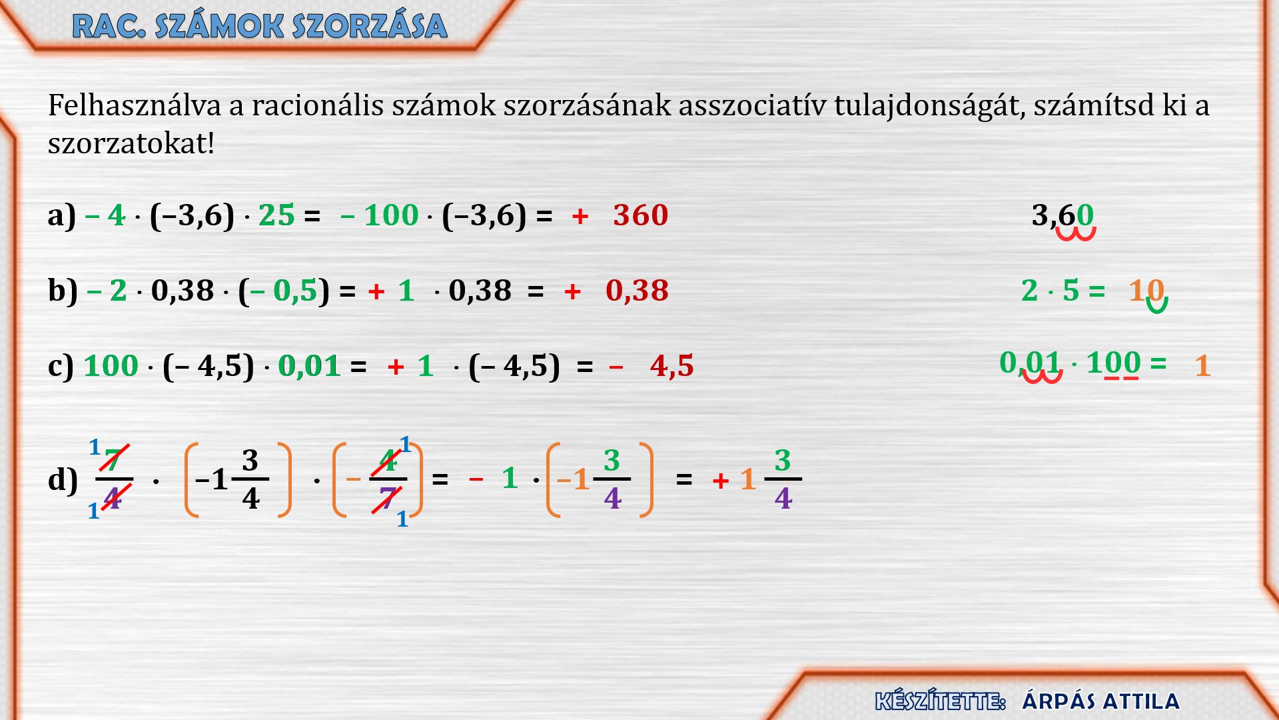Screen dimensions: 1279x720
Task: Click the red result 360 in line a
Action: (640, 215)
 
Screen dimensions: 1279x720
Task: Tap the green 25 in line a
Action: (276, 215)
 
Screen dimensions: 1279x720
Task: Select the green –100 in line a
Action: (379, 215)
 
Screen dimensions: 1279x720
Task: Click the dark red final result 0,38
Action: (637, 291)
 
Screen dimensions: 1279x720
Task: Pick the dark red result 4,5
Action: (671, 366)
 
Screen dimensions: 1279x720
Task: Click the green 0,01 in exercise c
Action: (309, 366)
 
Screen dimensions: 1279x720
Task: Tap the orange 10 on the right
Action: (1146, 291)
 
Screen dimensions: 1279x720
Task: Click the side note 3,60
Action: (1063, 215)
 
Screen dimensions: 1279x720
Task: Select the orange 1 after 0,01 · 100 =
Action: (1202, 366)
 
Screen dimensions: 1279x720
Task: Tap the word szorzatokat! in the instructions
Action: (131, 143)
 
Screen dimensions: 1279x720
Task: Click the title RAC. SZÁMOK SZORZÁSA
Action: (260, 27)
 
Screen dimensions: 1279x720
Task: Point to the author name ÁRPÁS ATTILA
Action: (1100, 701)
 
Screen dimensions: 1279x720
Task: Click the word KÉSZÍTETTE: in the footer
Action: (940, 701)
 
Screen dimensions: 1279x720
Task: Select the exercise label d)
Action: (63, 480)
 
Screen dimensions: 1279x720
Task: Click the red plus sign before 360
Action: (580, 216)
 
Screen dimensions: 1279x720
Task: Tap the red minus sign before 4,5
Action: (616, 366)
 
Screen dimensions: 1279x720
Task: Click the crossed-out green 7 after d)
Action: (113, 460)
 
